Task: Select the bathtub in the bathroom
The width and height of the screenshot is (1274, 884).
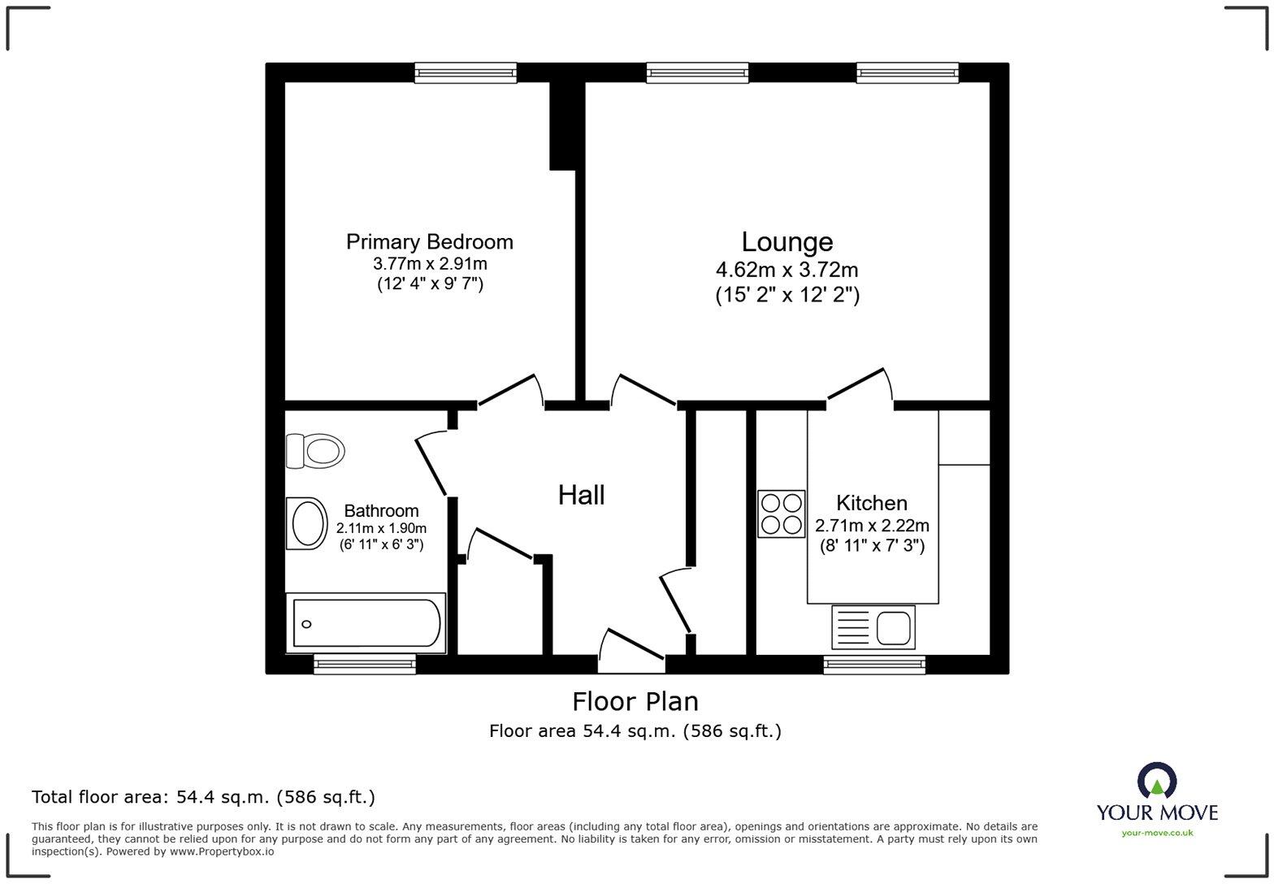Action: pos(366,623)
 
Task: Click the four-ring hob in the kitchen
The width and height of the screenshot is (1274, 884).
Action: pos(781,513)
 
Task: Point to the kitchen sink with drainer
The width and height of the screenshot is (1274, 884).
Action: pos(873,627)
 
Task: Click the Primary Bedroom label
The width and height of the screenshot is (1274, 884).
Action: pos(429,242)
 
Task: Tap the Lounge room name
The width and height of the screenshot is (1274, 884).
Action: pos(786,241)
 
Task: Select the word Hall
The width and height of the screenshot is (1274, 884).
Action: pos(581,495)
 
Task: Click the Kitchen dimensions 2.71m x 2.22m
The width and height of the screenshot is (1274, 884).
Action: pos(872,526)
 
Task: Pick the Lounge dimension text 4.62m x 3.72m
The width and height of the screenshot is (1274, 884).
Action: pos(786,270)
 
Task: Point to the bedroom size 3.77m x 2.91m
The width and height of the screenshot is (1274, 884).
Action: pos(430,263)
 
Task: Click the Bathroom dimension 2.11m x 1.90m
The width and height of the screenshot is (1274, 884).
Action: pos(381,528)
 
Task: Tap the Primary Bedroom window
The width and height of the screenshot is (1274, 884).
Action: pos(466,73)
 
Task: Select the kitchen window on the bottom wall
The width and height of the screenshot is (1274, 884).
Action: pos(874,665)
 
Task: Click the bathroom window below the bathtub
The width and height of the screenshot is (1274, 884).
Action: pos(365,665)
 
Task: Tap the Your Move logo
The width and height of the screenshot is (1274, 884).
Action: pos(1157,792)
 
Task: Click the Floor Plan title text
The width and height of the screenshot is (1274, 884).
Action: pos(635,701)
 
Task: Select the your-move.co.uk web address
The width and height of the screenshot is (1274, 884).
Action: pos(1157,833)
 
